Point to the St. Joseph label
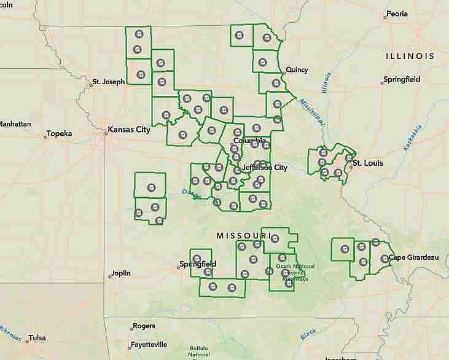[x=108, y=81]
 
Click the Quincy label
[x=296, y=69]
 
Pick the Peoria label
[x=396, y=14]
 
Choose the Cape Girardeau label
[x=414, y=257]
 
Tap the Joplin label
[x=122, y=274]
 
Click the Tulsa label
[x=37, y=337]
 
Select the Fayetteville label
[x=150, y=345]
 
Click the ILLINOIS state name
[x=410, y=56]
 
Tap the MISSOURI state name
[x=243, y=236]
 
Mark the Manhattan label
[x=15, y=123]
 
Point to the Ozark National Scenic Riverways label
[x=295, y=272]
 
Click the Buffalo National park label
[x=199, y=351]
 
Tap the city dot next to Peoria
[x=385, y=17]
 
